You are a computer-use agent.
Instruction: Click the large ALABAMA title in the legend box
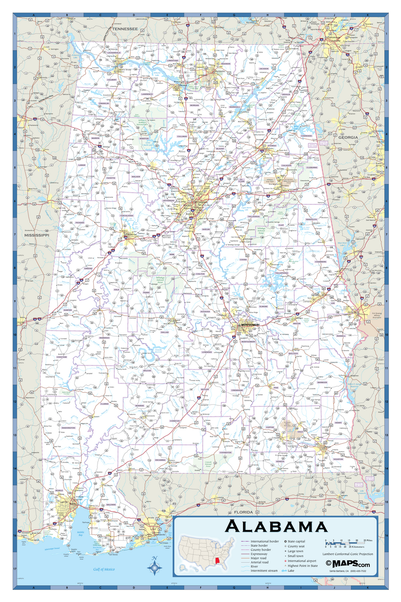(x=276, y=527)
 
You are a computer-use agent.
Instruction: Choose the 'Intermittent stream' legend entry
(x=265, y=570)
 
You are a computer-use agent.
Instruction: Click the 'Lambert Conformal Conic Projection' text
(x=347, y=553)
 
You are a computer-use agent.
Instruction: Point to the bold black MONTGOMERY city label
(x=250, y=325)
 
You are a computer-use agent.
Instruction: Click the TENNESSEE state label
(x=125, y=30)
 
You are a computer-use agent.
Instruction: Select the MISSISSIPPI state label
(x=37, y=235)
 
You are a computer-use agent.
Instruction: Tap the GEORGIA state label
(x=348, y=137)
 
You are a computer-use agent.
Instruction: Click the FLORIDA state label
(x=241, y=513)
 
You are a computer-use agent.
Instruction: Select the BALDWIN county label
(x=111, y=505)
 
